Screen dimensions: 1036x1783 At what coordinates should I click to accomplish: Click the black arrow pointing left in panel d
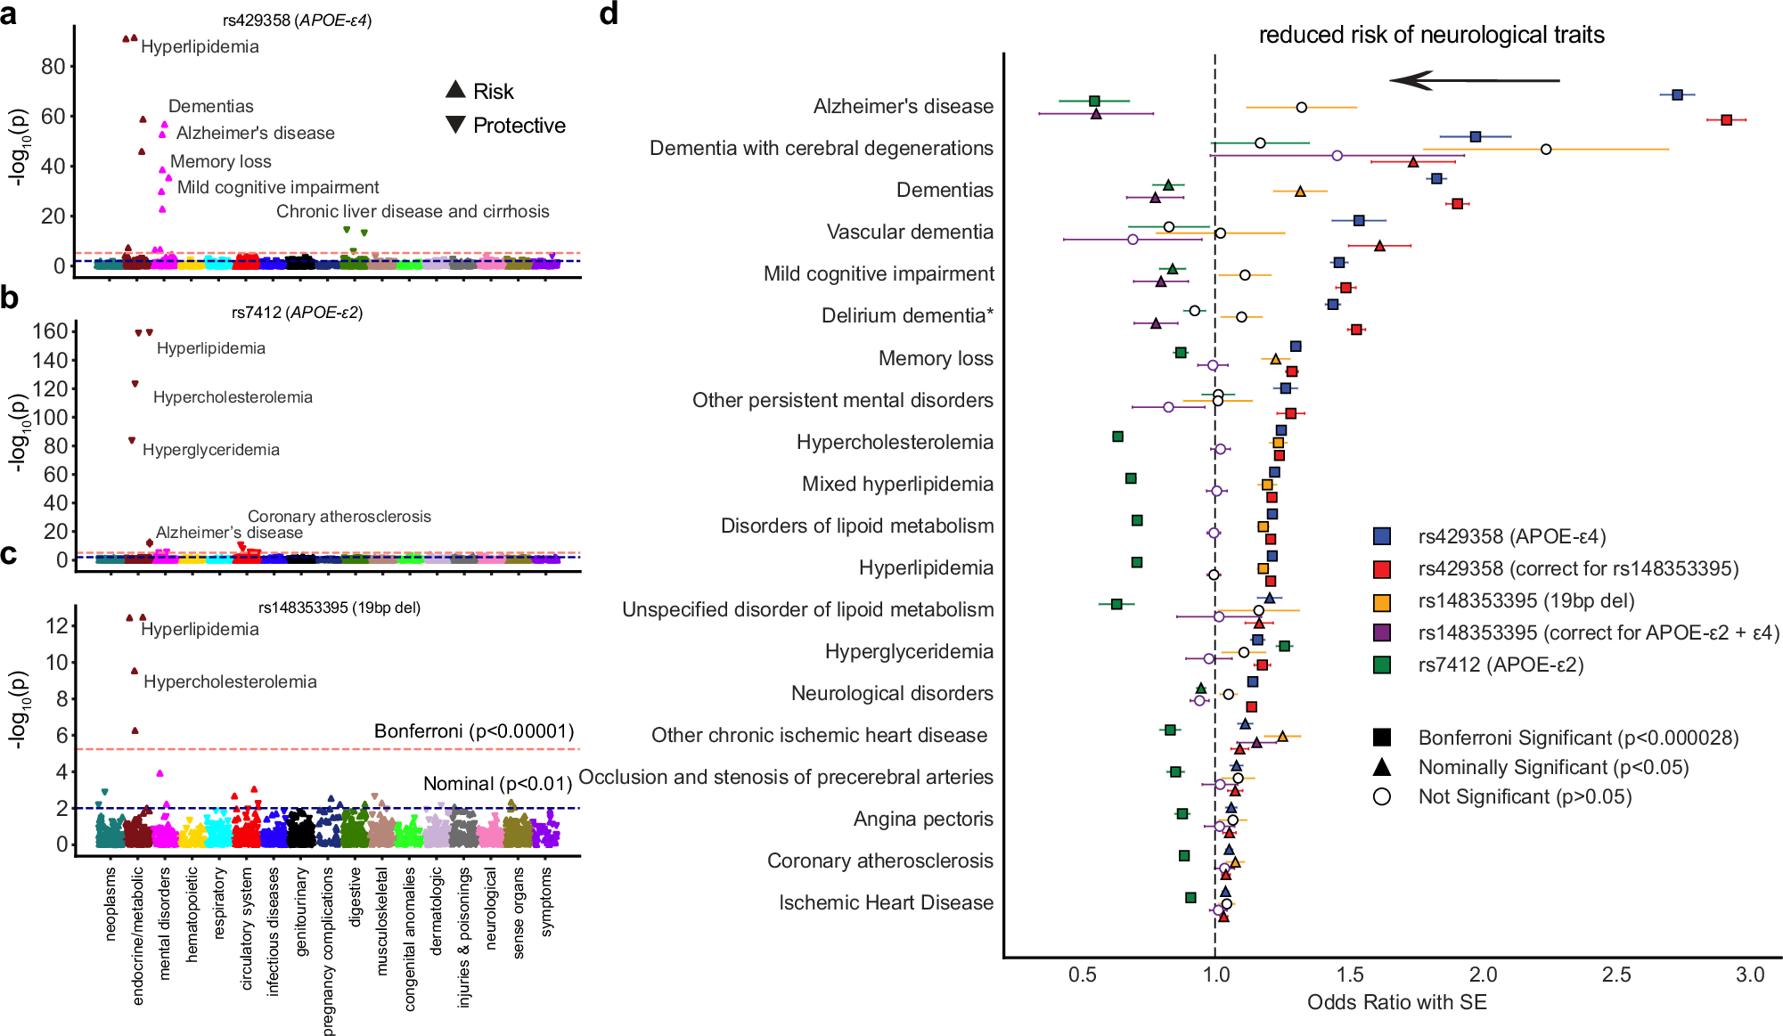click(1474, 81)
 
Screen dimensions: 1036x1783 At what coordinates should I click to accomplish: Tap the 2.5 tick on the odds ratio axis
click(1616, 975)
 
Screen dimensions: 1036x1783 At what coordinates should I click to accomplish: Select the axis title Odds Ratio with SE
click(1396, 1003)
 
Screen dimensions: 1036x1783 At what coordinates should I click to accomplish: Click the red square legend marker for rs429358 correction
click(1382, 569)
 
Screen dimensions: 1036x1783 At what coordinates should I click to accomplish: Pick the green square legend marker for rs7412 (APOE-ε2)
click(1382, 665)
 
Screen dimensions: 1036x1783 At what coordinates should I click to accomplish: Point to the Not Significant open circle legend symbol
click(1382, 796)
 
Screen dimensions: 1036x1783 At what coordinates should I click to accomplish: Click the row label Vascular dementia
click(909, 232)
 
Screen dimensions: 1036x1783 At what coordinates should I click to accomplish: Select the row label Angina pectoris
click(922, 819)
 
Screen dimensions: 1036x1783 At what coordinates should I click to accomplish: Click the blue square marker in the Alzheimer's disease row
click(1677, 94)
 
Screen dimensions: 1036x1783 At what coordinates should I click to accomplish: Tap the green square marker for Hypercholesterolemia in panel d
click(1117, 436)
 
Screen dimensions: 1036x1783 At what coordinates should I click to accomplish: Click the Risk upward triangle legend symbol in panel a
click(455, 89)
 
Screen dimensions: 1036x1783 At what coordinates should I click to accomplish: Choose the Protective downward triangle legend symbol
click(455, 125)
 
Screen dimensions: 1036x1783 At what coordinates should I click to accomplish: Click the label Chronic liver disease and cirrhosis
click(413, 211)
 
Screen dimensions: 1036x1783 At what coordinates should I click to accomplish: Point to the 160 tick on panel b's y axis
click(50, 331)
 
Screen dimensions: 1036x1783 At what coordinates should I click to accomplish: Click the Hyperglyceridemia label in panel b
click(210, 450)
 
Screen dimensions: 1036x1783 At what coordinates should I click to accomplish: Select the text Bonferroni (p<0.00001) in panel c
click(473, 731)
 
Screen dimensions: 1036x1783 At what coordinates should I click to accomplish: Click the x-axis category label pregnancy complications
click(328, 951)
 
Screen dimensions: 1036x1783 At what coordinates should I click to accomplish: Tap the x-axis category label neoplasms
click(110, 902)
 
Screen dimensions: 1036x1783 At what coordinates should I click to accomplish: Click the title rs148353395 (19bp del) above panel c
click(339, 608)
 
